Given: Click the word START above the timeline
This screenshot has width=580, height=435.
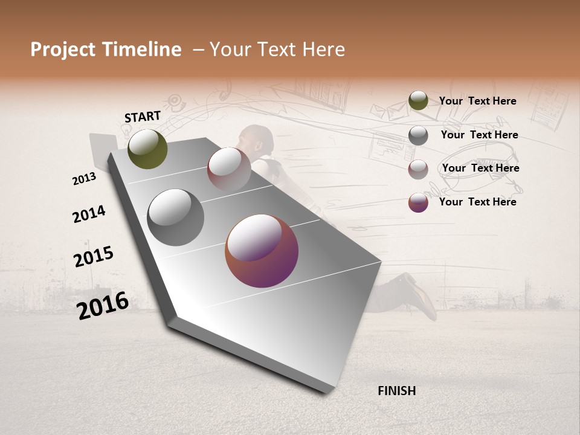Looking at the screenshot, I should click(143, 117).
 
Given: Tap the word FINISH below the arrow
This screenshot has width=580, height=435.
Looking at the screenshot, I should click(397, 391).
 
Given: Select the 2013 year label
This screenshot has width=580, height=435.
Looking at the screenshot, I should click(84, 179).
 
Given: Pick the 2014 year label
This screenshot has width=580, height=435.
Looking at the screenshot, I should click(89, 214).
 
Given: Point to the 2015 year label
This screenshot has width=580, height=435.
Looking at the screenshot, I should click(94, 257).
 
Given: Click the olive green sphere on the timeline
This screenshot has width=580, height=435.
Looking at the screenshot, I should click(147, 149).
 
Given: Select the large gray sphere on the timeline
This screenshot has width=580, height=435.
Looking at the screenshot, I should click(175, 217).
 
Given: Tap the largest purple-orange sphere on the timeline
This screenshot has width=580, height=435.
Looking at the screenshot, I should click(262, 251).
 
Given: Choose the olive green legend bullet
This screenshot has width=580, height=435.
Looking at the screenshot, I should click(418, 101).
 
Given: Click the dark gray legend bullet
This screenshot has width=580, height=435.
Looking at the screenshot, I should click(418, 135).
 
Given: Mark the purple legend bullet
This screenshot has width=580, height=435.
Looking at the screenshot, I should click(418, 202).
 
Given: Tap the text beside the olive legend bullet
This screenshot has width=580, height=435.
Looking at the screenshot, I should click(477, 101).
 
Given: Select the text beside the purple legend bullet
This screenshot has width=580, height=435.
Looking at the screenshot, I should click(477, 202).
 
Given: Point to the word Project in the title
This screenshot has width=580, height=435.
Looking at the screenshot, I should click(63, 50).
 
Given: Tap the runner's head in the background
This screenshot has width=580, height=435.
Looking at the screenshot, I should click(257, 138).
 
